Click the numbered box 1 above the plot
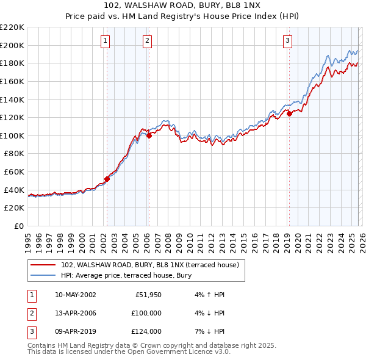(106, 41)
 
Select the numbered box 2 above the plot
(148, 41)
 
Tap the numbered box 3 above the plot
(287, 41)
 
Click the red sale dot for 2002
(107, 179)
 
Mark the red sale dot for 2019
(289, 113)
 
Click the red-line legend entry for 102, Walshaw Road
(152, 265)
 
